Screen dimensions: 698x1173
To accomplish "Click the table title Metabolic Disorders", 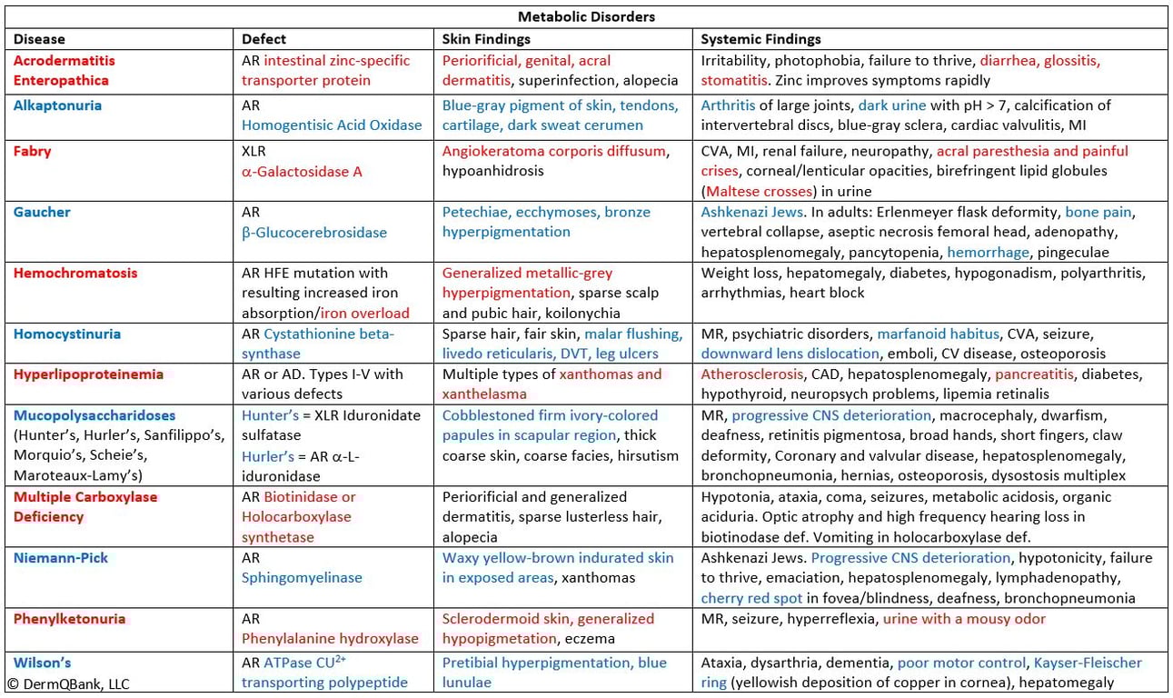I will [586, 16].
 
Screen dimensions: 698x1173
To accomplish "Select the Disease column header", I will [39, 39].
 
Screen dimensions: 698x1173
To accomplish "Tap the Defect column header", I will [263, 39].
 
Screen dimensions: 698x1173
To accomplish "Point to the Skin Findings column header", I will [486, 39].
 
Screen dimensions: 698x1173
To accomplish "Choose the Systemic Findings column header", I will [760, 39].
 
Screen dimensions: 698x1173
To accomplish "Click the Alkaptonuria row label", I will [57, 105].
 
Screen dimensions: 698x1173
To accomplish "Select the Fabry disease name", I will [32, 151].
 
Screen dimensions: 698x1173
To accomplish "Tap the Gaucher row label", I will [42, 212].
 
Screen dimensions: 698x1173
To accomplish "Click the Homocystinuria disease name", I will [67, 334].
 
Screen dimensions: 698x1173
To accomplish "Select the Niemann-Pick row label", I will [60, 557].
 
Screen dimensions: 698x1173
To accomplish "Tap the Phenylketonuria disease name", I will [69, 619].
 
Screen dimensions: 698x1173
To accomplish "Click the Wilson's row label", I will [42, 663].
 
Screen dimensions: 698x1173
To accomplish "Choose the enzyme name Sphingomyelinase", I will [302, 577].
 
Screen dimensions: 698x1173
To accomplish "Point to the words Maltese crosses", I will [758, 191].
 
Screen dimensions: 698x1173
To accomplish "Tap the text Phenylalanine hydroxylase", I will [330, 638].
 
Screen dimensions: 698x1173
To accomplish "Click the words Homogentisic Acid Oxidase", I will [332, 125].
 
